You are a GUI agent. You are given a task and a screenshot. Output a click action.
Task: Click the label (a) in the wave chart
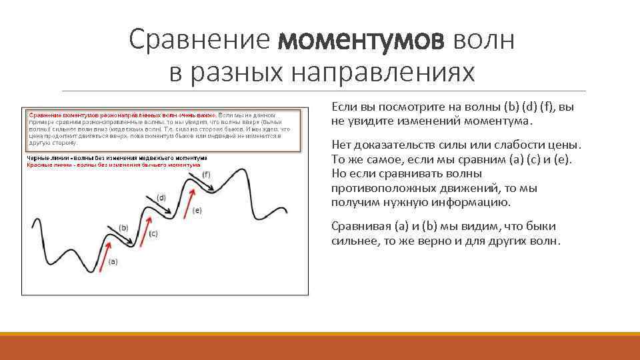113,261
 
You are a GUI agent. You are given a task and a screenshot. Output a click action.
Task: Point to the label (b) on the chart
123,227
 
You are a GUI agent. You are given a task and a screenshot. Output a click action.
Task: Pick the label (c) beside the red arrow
153,233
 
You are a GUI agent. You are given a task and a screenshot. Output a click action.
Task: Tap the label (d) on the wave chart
161,197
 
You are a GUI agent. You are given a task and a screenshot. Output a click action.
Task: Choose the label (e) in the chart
197,209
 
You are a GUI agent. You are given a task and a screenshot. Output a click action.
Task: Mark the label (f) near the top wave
206,174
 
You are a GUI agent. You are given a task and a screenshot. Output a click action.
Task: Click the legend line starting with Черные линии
117,158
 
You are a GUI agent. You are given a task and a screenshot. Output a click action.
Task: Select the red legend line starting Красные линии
113,164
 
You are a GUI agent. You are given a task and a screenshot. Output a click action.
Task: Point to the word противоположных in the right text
378,189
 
